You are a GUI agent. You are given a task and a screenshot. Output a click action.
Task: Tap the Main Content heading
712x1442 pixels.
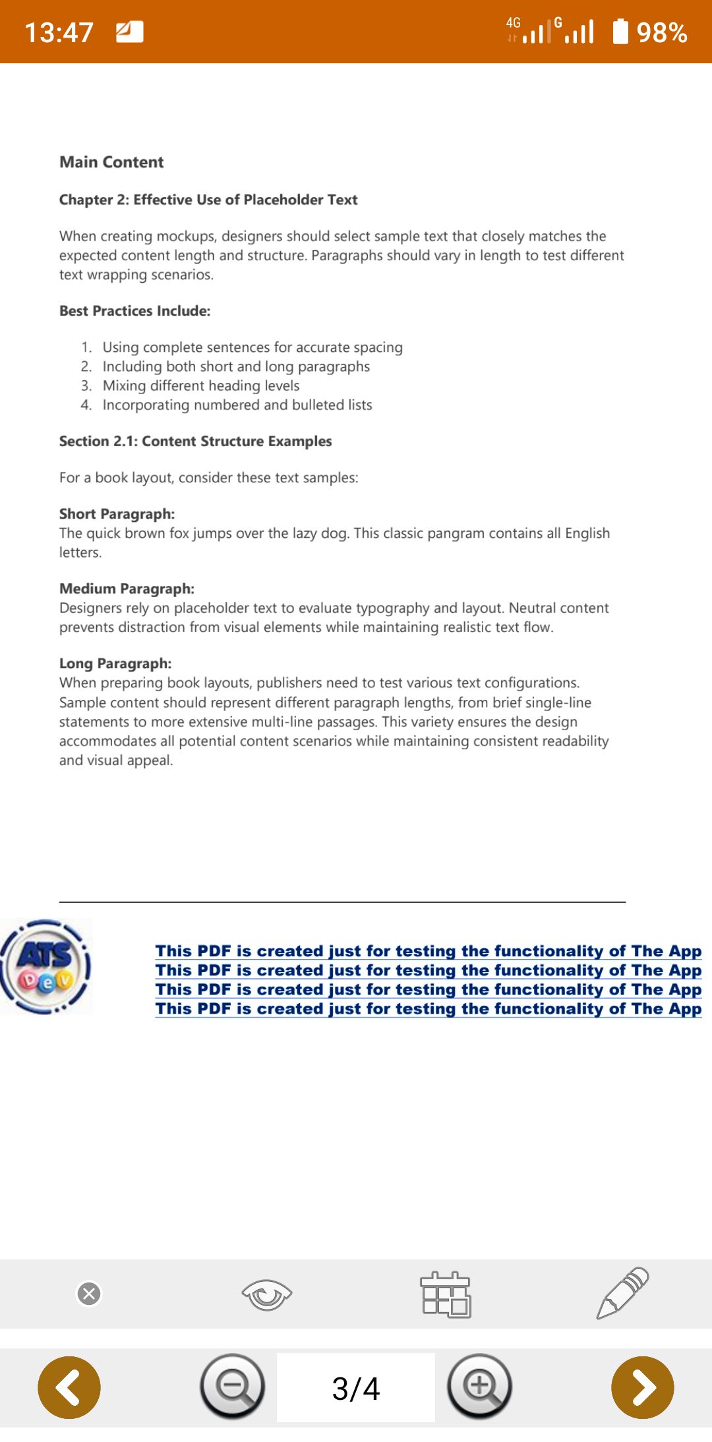111,162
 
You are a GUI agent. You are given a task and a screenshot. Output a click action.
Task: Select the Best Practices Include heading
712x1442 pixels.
134,311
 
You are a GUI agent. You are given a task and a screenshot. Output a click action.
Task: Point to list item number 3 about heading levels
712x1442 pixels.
200,386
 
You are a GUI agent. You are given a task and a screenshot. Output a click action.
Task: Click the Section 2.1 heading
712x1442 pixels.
195,442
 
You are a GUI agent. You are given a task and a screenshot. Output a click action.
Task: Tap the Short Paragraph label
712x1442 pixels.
117,514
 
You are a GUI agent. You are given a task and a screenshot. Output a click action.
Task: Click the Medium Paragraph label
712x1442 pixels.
127,589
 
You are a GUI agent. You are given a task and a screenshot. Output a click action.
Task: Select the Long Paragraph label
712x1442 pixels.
115,664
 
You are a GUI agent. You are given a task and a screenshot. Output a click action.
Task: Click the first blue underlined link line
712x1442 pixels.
429,951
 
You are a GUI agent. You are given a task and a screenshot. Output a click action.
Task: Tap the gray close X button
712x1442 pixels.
89,1294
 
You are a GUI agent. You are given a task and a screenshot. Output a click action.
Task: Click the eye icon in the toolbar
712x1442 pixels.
266,1294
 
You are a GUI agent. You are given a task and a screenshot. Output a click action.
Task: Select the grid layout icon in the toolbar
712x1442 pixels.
446,1294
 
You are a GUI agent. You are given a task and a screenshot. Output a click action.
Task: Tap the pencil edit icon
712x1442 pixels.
623,1292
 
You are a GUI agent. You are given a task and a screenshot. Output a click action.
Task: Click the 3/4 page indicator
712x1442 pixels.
356,1388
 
